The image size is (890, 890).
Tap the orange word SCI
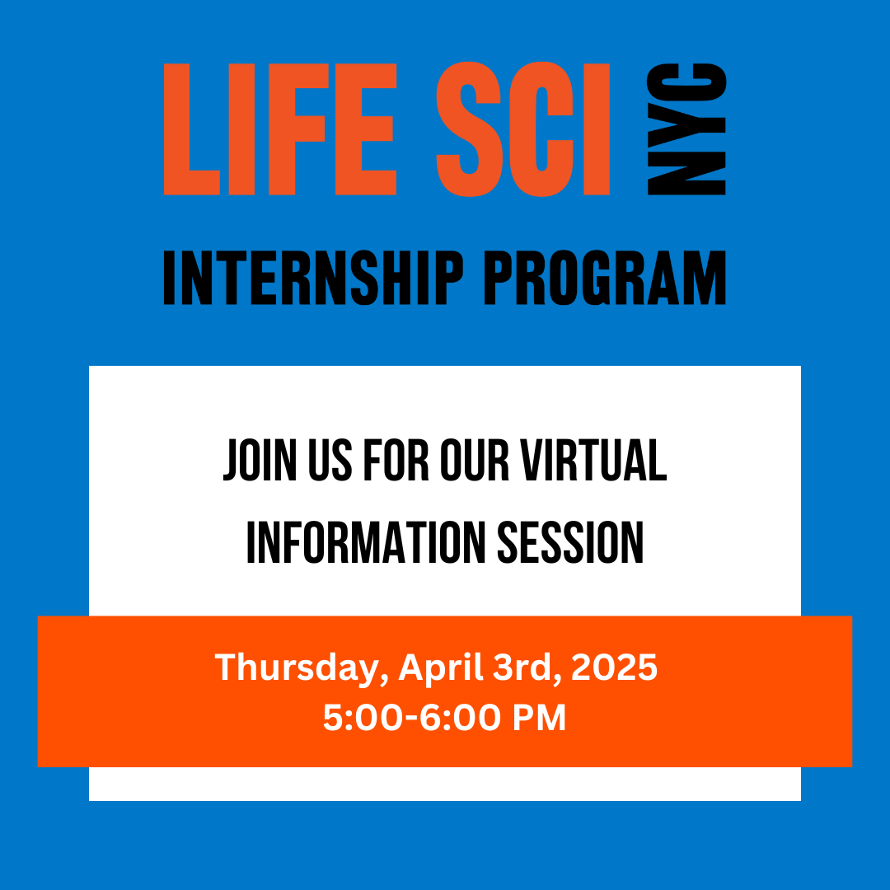[x=523, y=129]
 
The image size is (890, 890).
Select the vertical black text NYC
[x=687, y=129]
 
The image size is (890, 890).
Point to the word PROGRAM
[x=604, y=279]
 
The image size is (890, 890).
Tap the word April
[x=441, y=668]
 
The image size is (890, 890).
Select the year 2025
[x=614, y=668]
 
